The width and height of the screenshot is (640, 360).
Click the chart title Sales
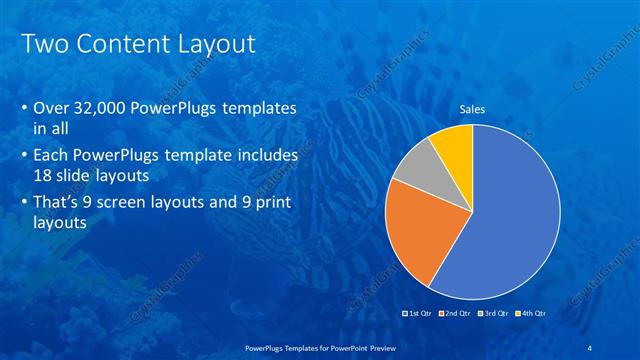[x=472, y=109]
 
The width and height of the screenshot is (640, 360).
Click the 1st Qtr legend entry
[x=418, y=313]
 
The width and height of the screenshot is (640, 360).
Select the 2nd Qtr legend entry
[x=457, y=313]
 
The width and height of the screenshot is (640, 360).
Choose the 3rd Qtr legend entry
[x=495, y=313]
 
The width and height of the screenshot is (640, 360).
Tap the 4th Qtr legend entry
[x=533, y=313]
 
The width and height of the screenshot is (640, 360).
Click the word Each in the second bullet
[x=52, y=157]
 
